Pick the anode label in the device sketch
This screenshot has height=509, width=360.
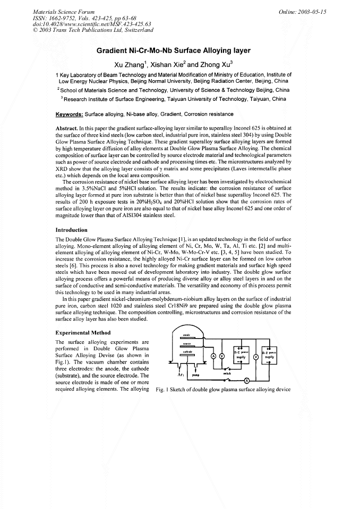coord(187,335)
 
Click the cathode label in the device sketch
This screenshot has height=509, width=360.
coord(187,351)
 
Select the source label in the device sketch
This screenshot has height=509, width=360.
coord(187,343)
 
